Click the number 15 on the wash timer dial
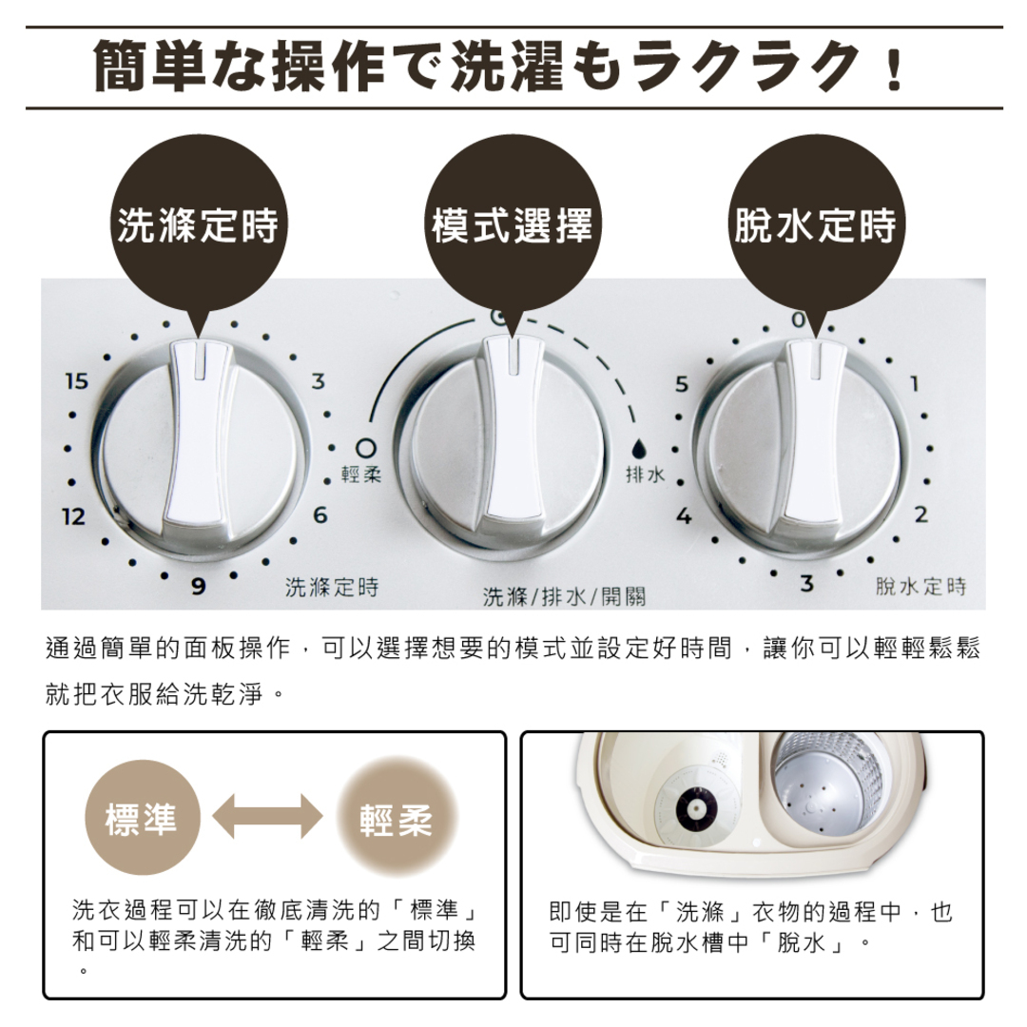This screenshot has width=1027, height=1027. click(x=77, y=382)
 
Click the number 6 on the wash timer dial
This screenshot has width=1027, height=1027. click(x=320, y=514)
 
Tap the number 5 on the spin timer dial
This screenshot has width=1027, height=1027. click(x=681, y=385)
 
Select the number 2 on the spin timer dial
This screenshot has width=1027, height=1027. click(x=920, y=515)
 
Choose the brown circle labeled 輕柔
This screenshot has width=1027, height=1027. click(x=397, y=818)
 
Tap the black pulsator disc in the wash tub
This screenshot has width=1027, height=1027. click(x=696, y=808)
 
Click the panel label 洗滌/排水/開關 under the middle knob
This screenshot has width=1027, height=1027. click(x=564, y=597)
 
